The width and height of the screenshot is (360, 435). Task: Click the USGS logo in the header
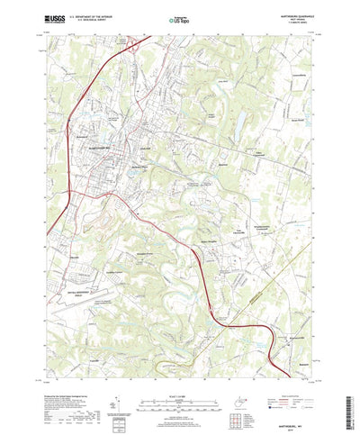pyautogui.click(x=55, y=17)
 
